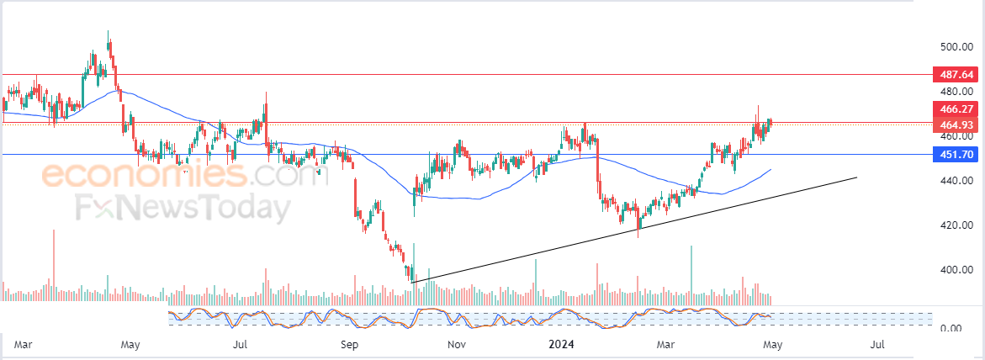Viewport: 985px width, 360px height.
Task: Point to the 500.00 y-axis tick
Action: coord(957,46)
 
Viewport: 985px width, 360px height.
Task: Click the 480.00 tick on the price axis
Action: coord(957,91)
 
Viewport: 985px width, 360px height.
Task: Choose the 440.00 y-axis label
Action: coord(957,181)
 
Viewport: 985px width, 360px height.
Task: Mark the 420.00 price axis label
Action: coord(957,225)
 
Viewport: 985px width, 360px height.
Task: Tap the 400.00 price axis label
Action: coord(957,270)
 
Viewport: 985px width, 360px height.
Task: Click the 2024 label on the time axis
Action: coord(561,344)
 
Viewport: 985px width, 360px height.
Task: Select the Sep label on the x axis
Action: coord(350,344)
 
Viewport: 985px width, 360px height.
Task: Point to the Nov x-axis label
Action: coord(457,344)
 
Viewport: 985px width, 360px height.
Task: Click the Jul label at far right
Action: coord(876,344)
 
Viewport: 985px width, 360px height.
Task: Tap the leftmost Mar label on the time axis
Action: coord(24,344)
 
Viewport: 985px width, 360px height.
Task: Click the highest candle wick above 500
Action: coord(108,33)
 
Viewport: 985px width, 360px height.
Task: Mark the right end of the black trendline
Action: coord(856,177)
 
